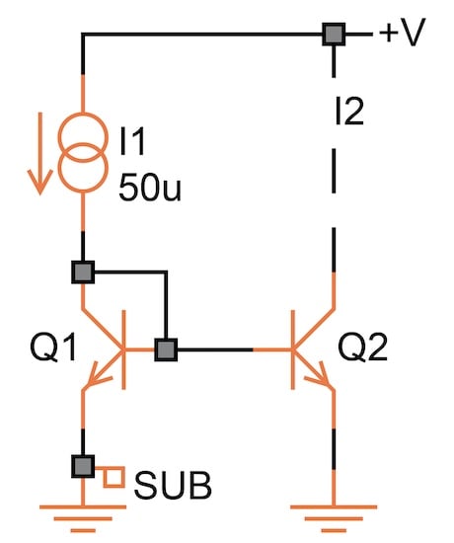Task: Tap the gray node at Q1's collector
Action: pos(83,271)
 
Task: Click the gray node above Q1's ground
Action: pos(83,464)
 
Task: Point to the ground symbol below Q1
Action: pos(83,512)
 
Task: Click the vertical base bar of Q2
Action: pos(294,349)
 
